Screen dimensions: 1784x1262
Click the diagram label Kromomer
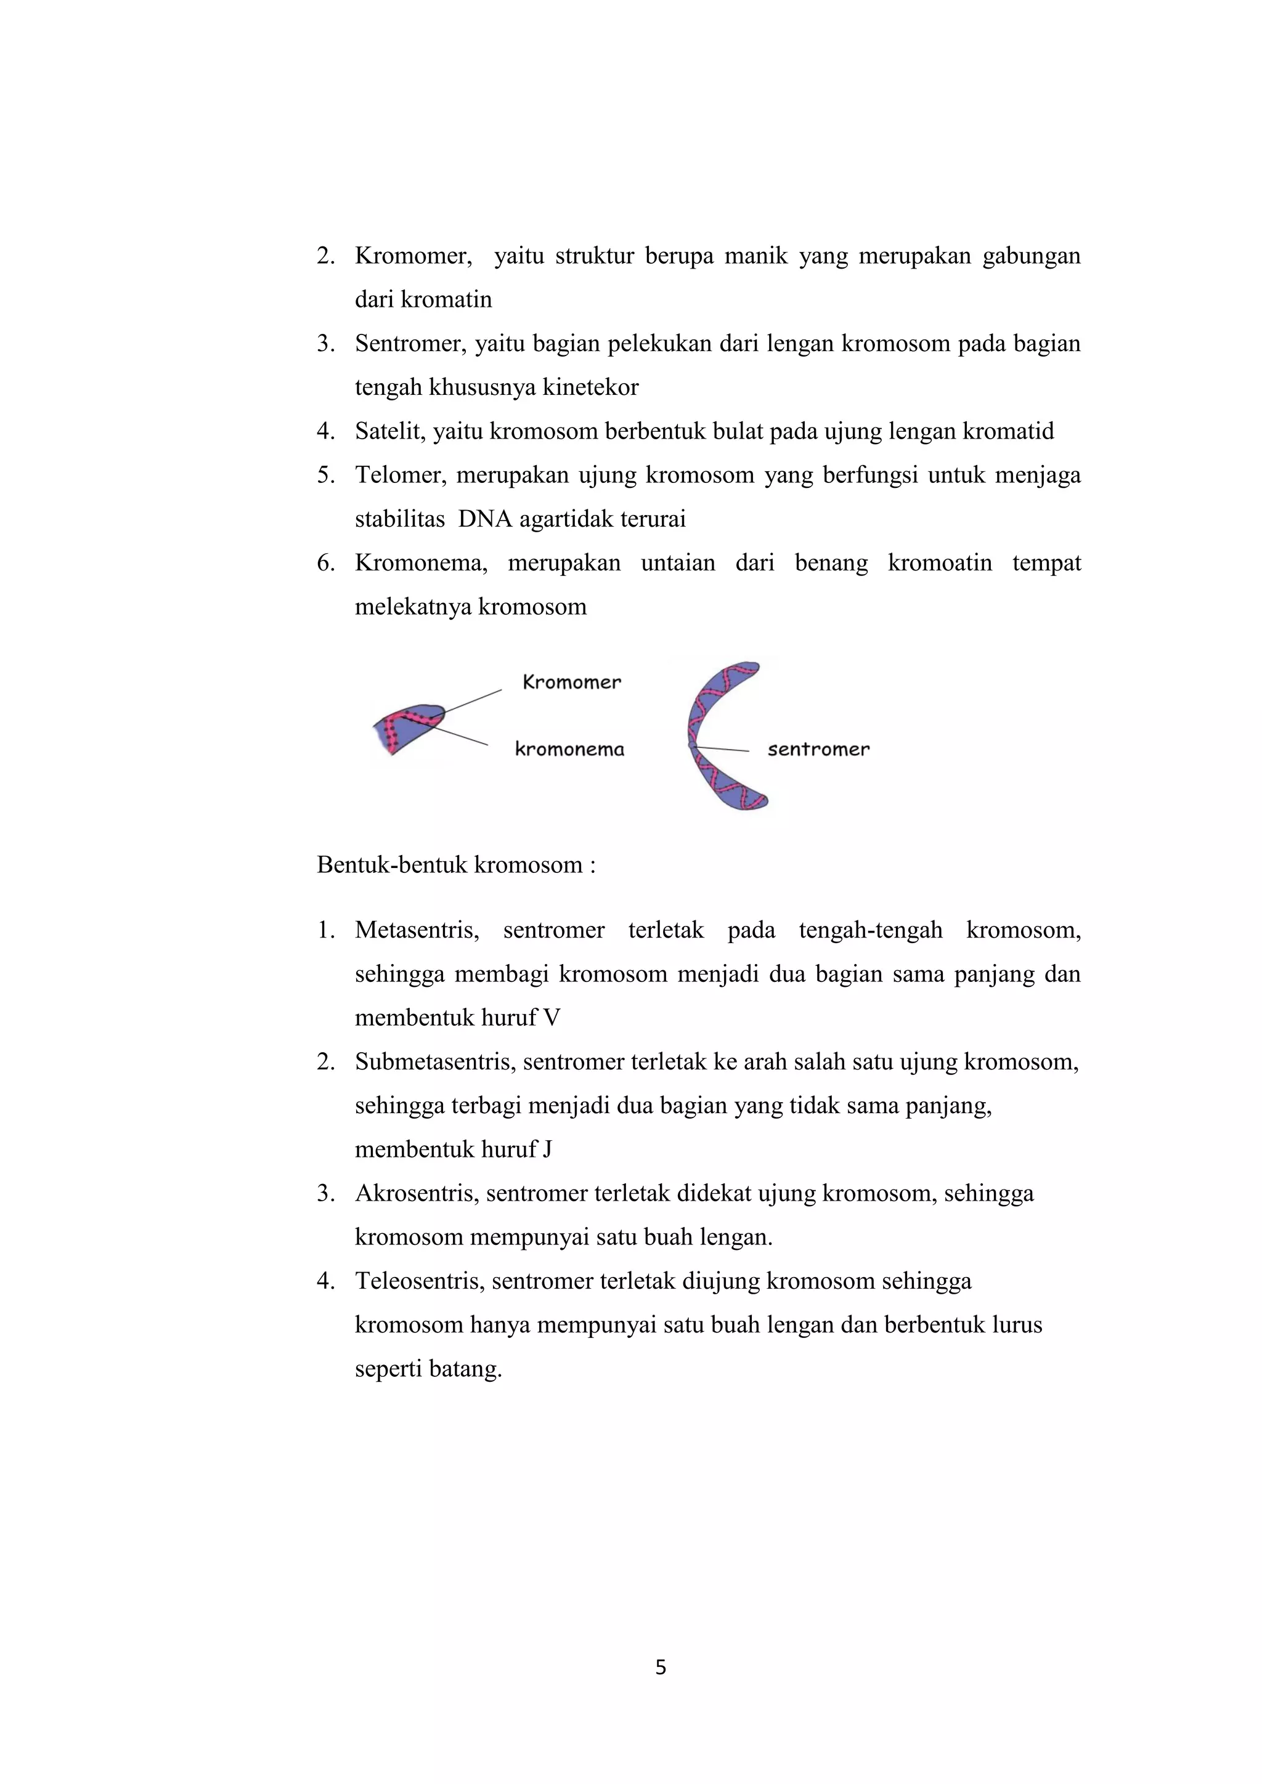click(571, 682)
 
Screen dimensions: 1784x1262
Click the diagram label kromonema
click(569, 749)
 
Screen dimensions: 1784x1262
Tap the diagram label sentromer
click(818, 749)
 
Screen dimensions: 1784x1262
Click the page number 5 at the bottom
click(661, 1667)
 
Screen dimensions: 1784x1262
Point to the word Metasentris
click(417, 930)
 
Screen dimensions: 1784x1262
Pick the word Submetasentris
click(435, 1061)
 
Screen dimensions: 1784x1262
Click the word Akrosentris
click(417, 1193)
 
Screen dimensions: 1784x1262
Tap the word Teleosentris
click(420, 1281)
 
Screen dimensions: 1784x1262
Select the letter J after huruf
click(548, 1149)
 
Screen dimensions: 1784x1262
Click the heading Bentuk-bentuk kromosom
click(455, 865)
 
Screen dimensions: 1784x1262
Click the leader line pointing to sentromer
click(723, 749)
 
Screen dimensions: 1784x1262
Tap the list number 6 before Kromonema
click(325, 562)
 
